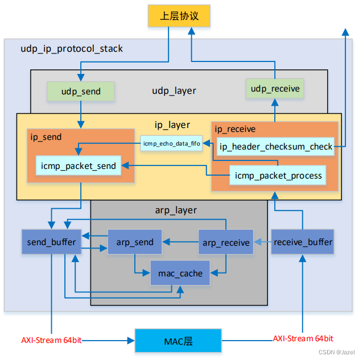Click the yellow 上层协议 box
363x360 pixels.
179,16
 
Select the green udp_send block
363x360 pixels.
80,91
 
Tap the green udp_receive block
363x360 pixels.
275,88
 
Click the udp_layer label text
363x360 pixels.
174,90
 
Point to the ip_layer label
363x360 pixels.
172,125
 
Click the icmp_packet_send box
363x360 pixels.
79,166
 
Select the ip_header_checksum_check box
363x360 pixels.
275,147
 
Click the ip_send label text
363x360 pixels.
46,137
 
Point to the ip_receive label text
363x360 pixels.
235,130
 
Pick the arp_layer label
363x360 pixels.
176,210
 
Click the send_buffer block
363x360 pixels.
51,242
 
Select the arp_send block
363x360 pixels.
135,242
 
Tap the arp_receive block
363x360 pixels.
226,242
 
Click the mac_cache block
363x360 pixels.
180,273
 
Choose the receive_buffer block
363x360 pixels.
303,242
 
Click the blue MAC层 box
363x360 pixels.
178,341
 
